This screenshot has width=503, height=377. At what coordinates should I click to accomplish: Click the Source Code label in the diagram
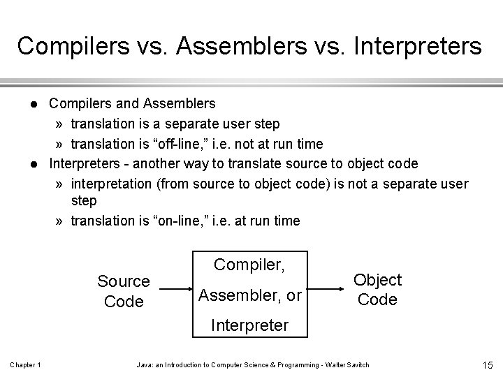coord(124,291)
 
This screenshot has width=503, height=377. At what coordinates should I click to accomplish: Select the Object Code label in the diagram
coord(377,290)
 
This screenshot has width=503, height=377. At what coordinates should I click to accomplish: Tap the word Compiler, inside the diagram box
coord(249,265)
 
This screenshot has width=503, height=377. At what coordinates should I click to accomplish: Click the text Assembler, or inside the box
coord(249,296)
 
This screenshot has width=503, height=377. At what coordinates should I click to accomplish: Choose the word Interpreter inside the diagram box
coord(249,325)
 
